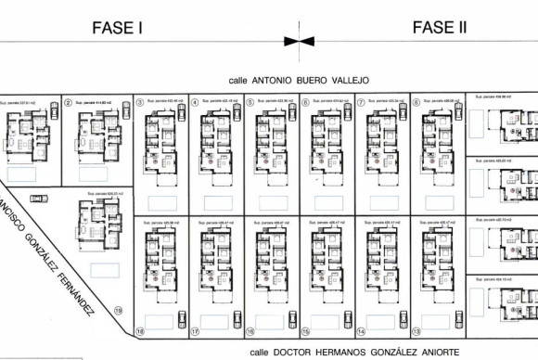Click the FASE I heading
(x=117, y=28)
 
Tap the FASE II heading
(x=440, y=28)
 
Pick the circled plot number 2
(x=70, y=103)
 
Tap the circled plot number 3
(x=139, y=103)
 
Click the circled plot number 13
(x=416, y=330)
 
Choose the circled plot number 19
(x=118, y=311)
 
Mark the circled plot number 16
(x=250, y=330)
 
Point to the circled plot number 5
(x=250, y=103)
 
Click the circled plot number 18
(x=139, y=330)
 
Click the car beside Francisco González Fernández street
(x=38, y=199)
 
